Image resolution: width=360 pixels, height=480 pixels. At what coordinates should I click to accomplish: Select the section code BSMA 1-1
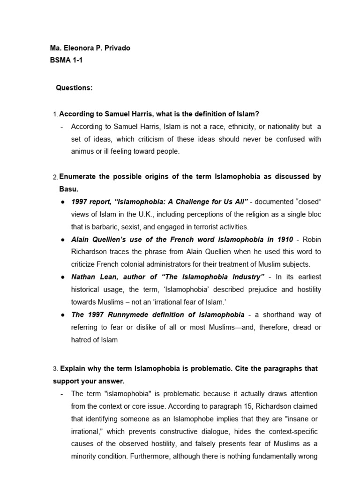pos(66,60)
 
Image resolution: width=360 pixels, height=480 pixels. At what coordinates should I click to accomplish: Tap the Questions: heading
pos(74,88)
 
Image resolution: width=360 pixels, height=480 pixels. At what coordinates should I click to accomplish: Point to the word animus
pos(82,151)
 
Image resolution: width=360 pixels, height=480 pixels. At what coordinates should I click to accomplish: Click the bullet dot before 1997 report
pos(62,202)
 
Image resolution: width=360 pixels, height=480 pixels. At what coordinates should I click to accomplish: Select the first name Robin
pos(311,239)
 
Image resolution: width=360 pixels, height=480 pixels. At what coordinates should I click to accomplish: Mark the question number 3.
pos(55,369)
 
